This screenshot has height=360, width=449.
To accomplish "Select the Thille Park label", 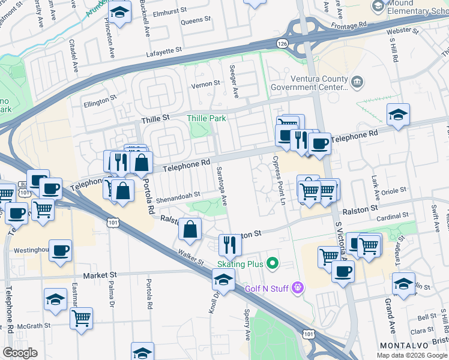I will [x=206, y=118].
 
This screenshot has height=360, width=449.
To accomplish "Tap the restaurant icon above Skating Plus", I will [x=230, y=244].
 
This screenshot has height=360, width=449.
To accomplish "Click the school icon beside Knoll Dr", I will [x=223, y=279].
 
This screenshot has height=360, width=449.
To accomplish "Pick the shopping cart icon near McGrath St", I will [x=81, y=317].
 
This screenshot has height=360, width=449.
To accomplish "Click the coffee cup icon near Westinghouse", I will [x=60, y=250].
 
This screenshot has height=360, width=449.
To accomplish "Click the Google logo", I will [x=20, y=353].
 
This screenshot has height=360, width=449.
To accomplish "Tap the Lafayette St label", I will [x=171, y=53].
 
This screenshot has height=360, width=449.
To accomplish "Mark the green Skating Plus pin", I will [x=273, y=263].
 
